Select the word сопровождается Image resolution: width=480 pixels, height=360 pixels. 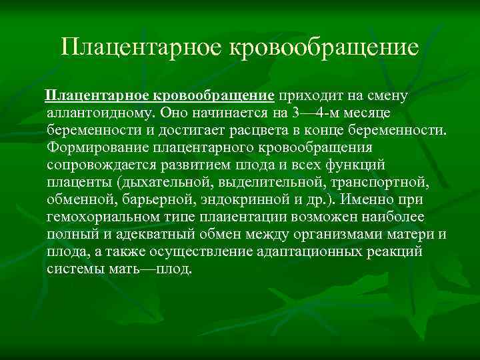pos(97,164)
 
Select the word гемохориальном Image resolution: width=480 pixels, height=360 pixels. pos(103,216)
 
